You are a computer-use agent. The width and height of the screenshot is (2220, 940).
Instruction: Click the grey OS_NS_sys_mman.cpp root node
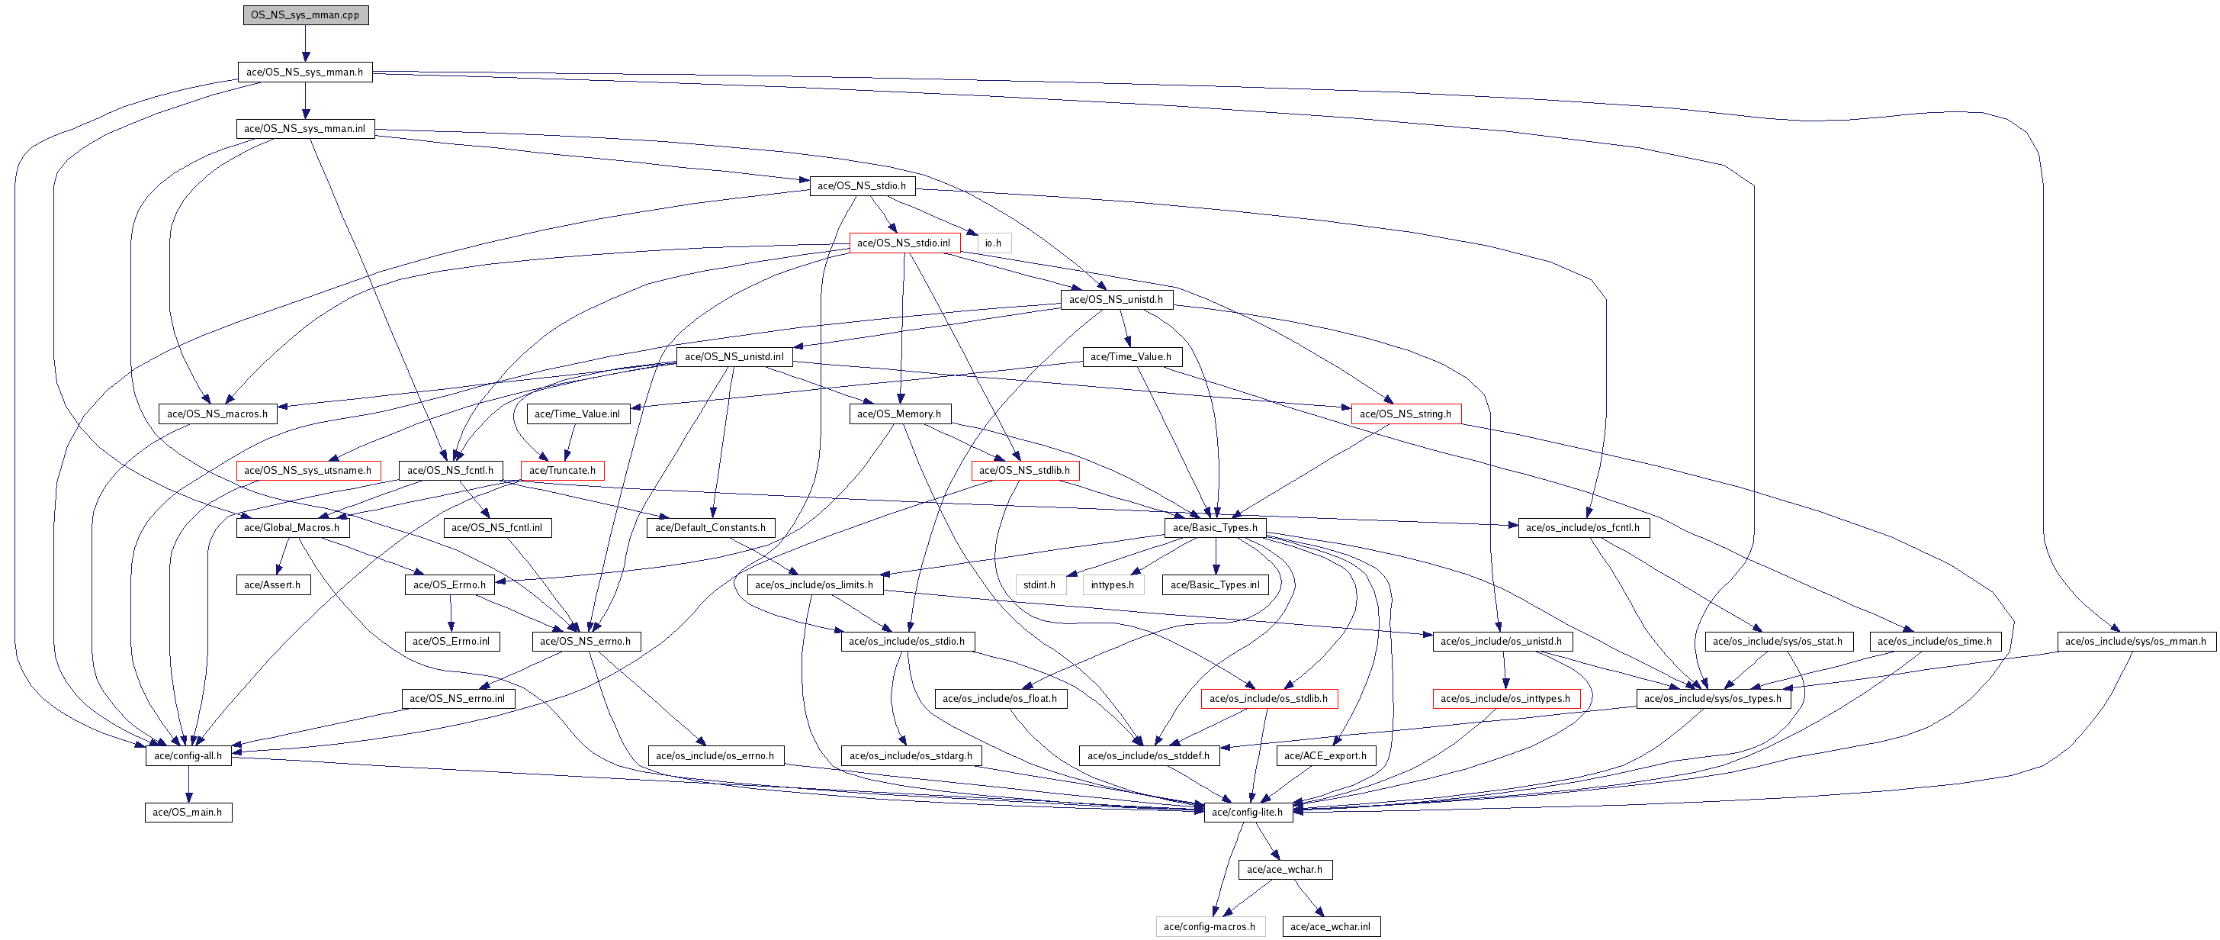(305, 14)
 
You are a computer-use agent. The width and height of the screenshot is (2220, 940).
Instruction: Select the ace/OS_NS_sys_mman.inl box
(305, 128)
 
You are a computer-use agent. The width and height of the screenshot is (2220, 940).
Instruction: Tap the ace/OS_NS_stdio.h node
(862, 185)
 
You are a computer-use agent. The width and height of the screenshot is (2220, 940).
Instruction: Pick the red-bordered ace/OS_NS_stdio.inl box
(904, 243)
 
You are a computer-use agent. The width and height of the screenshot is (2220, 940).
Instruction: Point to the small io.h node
(993, 243)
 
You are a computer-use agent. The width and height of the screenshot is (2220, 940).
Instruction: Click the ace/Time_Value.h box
(1131, 356)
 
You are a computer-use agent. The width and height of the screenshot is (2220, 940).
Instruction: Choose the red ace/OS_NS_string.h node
(1406, 414)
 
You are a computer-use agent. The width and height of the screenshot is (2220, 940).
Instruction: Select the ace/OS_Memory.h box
(899, 414)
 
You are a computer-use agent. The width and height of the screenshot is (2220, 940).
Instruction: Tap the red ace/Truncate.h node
(562, 471)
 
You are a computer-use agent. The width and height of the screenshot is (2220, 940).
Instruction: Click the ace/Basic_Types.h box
(1215, 528)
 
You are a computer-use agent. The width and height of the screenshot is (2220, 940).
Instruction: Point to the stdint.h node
(1039, 584)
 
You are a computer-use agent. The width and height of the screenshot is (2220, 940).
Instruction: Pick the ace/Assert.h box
(272, 584)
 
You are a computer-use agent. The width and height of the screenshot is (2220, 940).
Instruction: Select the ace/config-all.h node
(188, 756)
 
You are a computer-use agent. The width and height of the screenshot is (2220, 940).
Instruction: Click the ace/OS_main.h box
(188, 813)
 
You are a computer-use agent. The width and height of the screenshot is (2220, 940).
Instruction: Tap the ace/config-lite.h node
(1248, 813)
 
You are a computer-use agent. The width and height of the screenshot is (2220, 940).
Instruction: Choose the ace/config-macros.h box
(1210, 927)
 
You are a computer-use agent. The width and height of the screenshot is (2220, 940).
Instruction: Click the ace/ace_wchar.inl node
(1331, 927)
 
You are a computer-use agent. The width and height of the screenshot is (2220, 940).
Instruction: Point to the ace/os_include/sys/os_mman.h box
(2135, 642)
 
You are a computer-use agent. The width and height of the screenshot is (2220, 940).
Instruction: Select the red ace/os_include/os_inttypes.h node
(1505, 699)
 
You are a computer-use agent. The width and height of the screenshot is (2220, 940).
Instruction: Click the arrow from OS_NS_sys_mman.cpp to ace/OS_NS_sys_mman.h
(305, 43)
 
